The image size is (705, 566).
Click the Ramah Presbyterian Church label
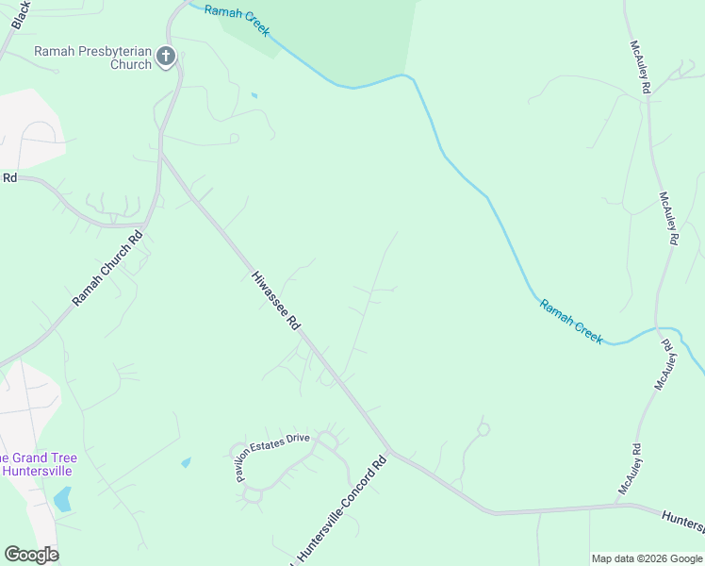(92, 58)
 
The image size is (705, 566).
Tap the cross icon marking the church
(166, 57)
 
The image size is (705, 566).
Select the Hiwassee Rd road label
(276, 301)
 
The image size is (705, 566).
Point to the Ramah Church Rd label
(108, 269)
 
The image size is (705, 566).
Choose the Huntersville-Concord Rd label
(341, 510)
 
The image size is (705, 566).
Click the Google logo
(31, 555)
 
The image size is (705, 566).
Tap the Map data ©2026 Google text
(648, 558)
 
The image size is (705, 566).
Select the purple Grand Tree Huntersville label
(40, 464)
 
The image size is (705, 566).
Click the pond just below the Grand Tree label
(62, 499)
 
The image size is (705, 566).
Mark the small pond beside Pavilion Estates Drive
(186, 462)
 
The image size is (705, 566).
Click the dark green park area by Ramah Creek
(320, 33)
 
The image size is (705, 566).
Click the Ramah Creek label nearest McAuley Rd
(571, 322)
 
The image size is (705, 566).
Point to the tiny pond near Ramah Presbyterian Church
(254, 94)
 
